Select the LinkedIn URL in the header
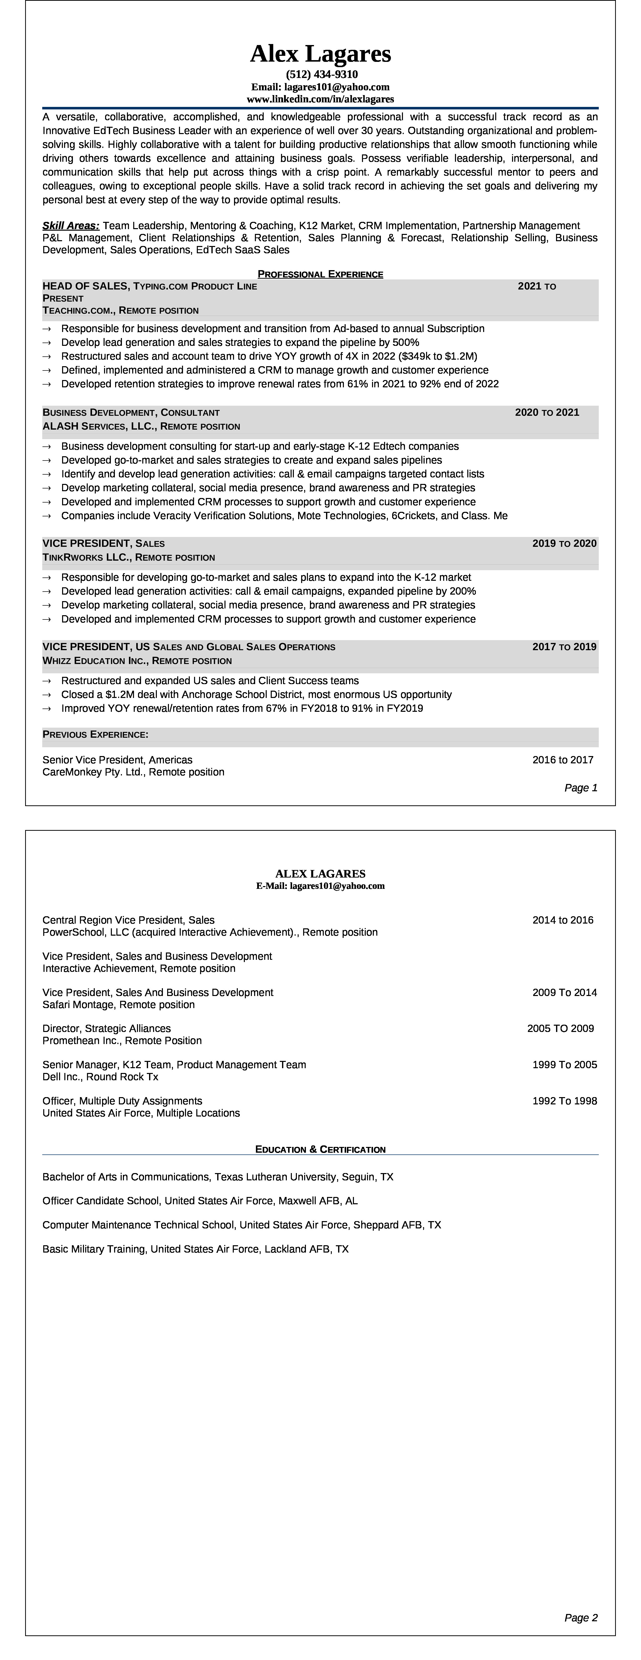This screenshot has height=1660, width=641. tap(320, 99)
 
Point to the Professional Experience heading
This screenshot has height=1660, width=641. tap(320, 274)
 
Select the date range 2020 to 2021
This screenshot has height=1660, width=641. tap(547, 412)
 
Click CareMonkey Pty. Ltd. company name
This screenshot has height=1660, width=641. tap(94, 772)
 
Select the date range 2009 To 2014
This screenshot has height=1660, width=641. tap(564, 992)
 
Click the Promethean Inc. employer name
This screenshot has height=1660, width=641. tap(80, 1041)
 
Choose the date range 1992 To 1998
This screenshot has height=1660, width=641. tap(564, 1101)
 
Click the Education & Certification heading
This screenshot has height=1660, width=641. tap(320, 1149)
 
